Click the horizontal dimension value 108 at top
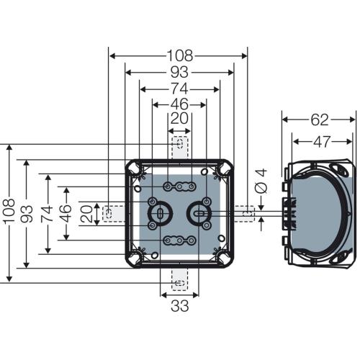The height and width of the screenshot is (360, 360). click(180, 55)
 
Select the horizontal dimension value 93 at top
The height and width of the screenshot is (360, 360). click(179, 72)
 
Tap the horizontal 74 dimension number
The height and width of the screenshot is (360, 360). click(179, 89)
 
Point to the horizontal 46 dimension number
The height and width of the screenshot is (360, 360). click(179, 104)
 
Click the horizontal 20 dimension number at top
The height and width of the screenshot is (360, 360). click(180, 118)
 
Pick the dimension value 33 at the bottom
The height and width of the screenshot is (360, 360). click(180, 306)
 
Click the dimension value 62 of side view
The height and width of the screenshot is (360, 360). click(320, 120)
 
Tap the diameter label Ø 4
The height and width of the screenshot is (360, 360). click(261, 181)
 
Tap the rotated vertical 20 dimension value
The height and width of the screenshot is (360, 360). click(86, 214)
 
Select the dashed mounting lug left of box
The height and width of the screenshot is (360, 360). click(114, 213)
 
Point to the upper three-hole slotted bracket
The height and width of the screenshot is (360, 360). click(180, 186)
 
